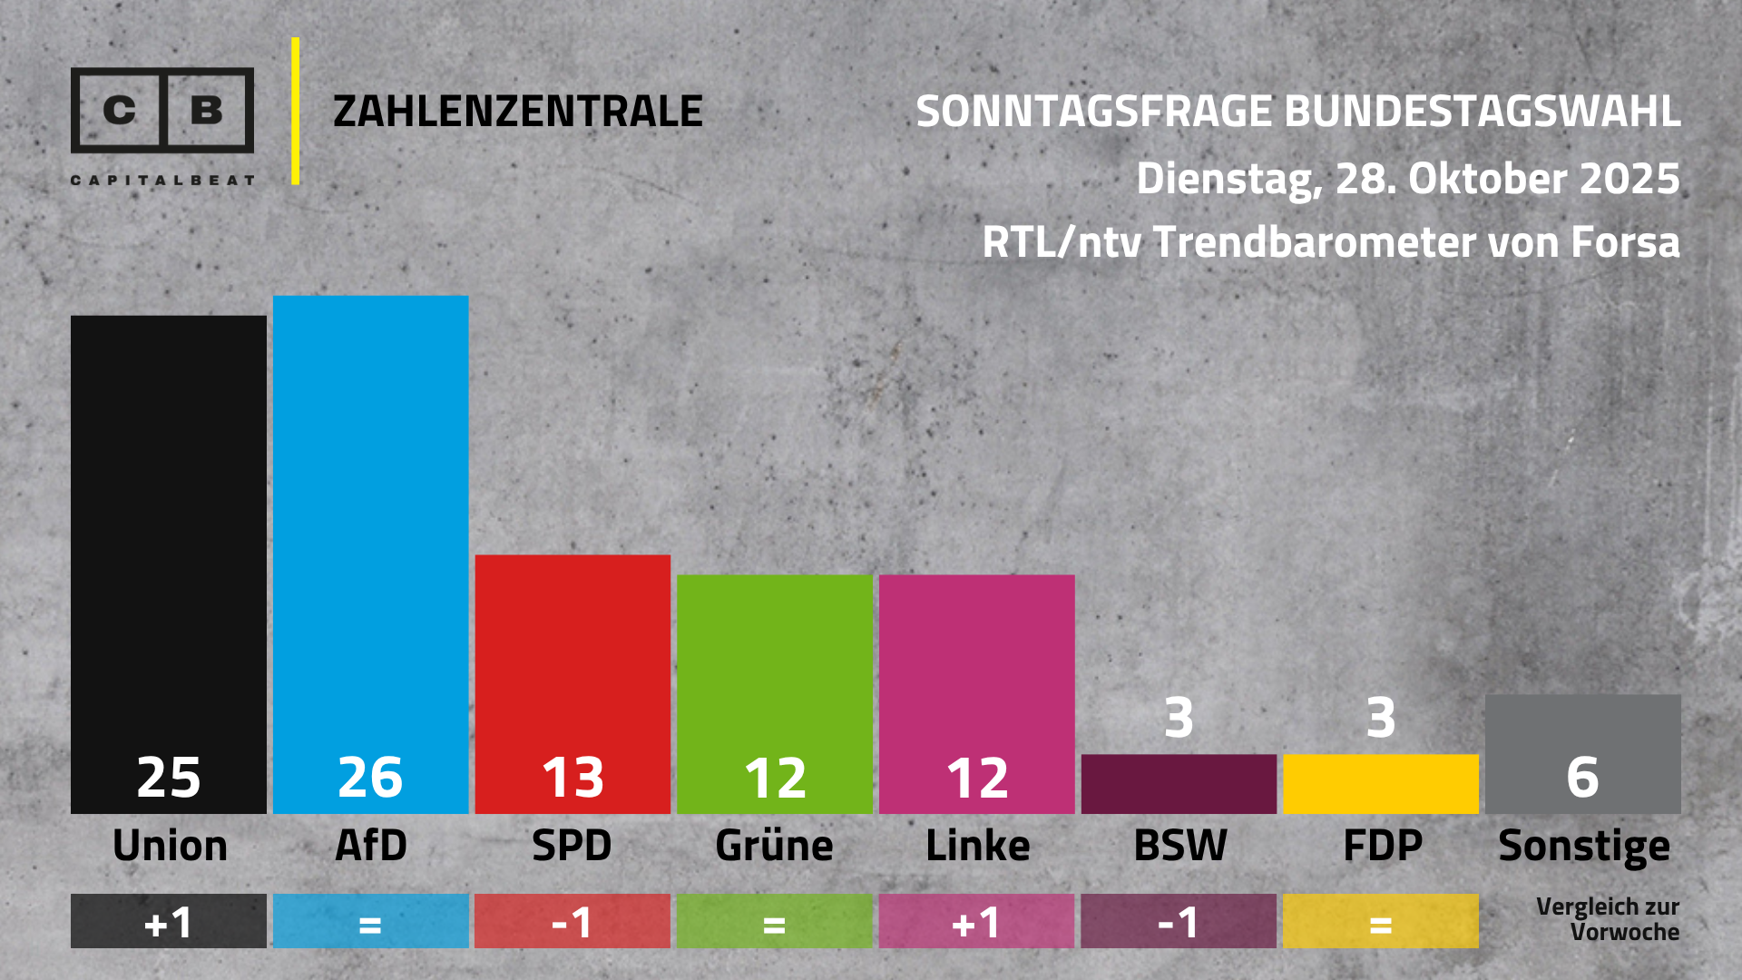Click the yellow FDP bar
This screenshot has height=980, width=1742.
[x=1380, y=784]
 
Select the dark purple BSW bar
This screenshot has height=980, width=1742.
[x=1179, y=784]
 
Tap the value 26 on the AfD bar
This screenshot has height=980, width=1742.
[x=370, y=778]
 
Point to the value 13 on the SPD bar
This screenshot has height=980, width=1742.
[x=573, y=778]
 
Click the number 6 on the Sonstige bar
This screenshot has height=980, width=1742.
[x=1582, y=778]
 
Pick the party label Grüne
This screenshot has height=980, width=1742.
[x=774, y=846]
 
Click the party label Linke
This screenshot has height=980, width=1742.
[x=977, y=846]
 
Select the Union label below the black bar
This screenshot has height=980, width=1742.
[x=170, y=846]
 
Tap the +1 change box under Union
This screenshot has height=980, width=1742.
[x=169, y=922]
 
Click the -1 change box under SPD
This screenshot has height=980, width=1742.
[x=573, y=922]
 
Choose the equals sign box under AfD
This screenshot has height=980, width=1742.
[x=370, y=922]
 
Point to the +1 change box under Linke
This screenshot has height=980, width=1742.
[x=976, y=922]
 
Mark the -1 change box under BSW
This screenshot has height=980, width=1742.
[x=1179, y=922]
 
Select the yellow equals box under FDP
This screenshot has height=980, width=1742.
[x=1380, y=922]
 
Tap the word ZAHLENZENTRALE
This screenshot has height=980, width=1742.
[x=518, y=112]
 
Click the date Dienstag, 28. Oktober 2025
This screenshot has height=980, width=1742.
[x=1407, y=179]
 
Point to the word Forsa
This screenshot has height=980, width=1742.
[x=1625, y=242]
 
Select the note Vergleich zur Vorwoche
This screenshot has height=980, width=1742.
[x=1607, y=919]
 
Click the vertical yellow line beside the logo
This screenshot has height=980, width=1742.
[x=296, y=112]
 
